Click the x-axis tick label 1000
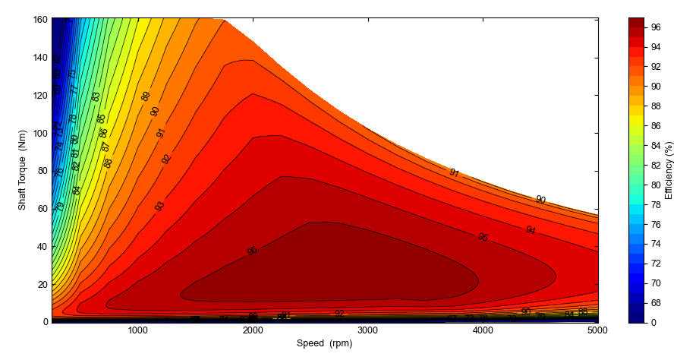tap(137, 330)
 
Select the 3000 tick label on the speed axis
tap(367, 330)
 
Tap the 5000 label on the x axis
tap(597, 330)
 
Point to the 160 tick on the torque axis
tap(39, 20)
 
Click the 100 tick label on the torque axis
tap(39, 133)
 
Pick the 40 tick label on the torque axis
tap(42, 246)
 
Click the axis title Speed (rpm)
tap(325, 343)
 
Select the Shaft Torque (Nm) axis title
tap(23, 170)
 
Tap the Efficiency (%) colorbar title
tap(669, 170)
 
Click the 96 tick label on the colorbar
tap(656, 27)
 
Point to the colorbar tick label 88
tap(656, 106)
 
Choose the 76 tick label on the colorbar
tap(656, 224)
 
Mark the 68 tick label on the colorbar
tap(656, 302)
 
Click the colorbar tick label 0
tap(653, 322)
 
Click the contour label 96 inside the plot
tap(253, 251)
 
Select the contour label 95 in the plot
tap(483, 238)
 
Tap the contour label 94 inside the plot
tap(531, 230)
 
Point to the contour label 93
tap(159, 206)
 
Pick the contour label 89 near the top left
tap(146, 96)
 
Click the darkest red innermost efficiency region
tap(342, 266)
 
